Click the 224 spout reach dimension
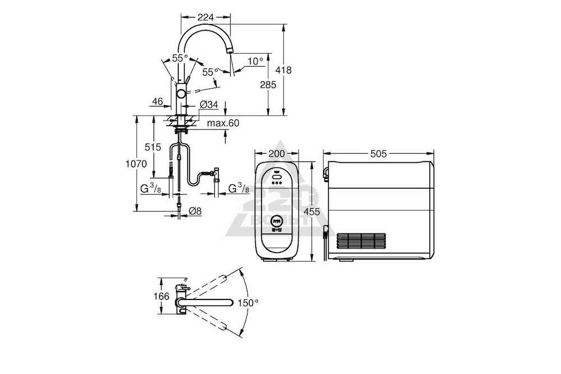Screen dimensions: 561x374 pyautogui.click(x=205, y=17)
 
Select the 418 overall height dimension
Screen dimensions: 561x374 pyautogui.click(x=284, y=70)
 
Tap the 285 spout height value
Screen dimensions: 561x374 pyautogui.click(x=268, y=85)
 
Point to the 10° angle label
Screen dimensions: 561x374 pyautogui.click(x=255, y=62)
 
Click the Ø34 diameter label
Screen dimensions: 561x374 pyautogui.click(x=209, y=104)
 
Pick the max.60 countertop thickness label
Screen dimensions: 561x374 pyautogui.click(x=223, y=123)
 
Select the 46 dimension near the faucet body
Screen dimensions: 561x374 pyautogui.click(x=158, y=101)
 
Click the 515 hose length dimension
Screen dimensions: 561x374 pyautogui.click(x=153, y=147)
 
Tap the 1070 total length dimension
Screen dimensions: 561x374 pyautogui.click(x=136, y=164)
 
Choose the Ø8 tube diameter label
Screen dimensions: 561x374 pyautogui.click(x=195, y=211)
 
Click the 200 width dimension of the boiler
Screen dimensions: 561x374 pyautogui.click(x=277, y=154)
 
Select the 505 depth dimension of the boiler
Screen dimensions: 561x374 pyautogui.click(x=379, y=154)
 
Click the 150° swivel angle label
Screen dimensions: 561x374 pyautogui.click(x=248, y=303)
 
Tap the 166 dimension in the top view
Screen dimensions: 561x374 pyautogui.click(x=162, y=297)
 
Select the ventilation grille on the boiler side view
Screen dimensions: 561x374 pyautogui.click(x=361, y=242)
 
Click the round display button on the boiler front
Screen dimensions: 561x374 pyautogui.click(x=277, y=220)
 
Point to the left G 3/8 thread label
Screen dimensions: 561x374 pyautogui.click(x=150, y=188)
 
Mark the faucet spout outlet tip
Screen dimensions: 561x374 pyautogui.click(x=229, y=53)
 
